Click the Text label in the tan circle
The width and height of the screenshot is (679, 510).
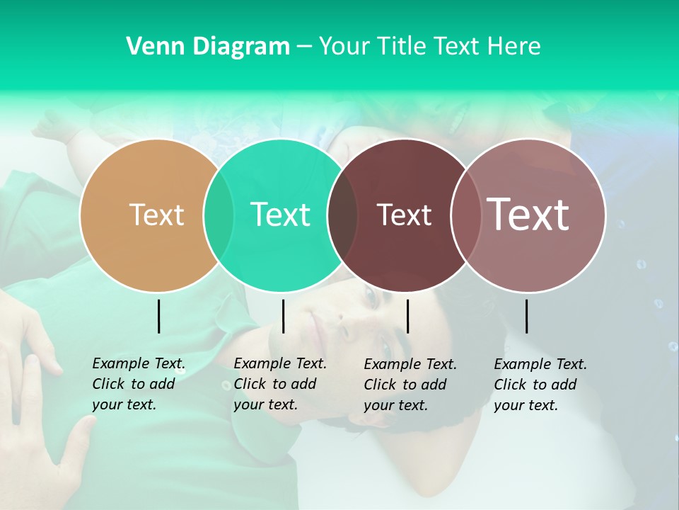(156, 215)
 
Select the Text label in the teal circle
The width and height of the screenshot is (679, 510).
(280, 215)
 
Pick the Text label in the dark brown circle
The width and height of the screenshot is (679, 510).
(404, 215)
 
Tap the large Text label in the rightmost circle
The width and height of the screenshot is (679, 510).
(528, 214)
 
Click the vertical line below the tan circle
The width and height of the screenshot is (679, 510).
(159, 316)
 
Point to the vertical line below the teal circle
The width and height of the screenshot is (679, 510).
(283, 316)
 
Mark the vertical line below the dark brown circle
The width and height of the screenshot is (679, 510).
(407, 316)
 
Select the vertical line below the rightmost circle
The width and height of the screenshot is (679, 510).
(526, 316)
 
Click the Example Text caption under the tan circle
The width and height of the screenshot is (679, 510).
(139, 384)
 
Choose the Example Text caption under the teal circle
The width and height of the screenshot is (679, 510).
(280, 384)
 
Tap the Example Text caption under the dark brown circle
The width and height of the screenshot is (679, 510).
(410, 385)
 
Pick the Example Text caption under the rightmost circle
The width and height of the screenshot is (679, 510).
(540, 385)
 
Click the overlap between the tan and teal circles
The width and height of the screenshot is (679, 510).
(219, 215)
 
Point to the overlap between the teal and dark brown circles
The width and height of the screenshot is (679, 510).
(342, 215)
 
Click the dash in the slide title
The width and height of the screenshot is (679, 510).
(304, 47)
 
